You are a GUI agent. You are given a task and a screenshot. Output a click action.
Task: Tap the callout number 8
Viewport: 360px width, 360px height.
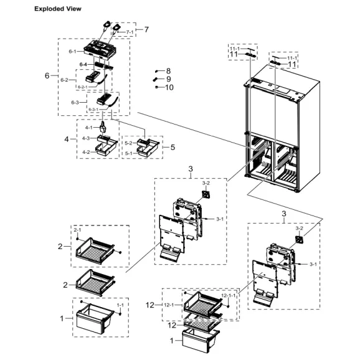pyautogui.click(x=168, y=72)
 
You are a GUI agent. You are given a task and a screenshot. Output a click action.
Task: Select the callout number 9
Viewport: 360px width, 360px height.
pyautogui.click(x=168, y=79)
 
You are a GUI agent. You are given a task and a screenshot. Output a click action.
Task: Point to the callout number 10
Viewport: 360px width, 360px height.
pyautogui.click(x=169, y=87)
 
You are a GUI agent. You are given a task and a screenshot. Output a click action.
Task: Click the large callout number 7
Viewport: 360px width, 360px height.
pyautogui.click(x=146, y=29)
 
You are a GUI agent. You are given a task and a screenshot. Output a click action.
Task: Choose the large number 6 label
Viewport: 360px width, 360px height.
pyautogui.click(x=47, y=76)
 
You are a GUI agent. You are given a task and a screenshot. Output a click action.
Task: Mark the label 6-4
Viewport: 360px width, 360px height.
pyautogui.click(x=83, y=64)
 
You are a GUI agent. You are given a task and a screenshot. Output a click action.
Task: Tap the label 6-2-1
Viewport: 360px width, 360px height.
pyautogui.click(x=83, y=87)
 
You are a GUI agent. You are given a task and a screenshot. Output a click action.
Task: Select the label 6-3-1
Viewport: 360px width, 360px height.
pyautogui.click(x=93, y=110)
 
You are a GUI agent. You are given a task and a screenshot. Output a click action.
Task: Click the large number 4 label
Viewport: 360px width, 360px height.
pyautogui.click(x=66, y=140)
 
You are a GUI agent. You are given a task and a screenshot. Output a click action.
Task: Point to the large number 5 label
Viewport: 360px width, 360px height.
pyautogui.click(x=173, y=147)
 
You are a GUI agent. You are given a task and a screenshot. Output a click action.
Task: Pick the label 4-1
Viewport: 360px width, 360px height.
pyautogui.click(x=88, y=127)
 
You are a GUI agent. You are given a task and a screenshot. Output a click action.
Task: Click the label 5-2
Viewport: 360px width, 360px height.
pyautogui.click(x=128, y=143)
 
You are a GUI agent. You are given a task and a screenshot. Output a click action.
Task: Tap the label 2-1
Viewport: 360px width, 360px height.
pyautogui.click(x=78, y=230)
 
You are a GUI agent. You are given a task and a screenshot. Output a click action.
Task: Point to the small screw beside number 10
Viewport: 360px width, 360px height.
pyautogui.click(x=156, y=88)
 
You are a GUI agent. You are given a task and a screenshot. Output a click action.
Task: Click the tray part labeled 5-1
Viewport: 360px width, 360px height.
pyautogui.click(x=148, y=152)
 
